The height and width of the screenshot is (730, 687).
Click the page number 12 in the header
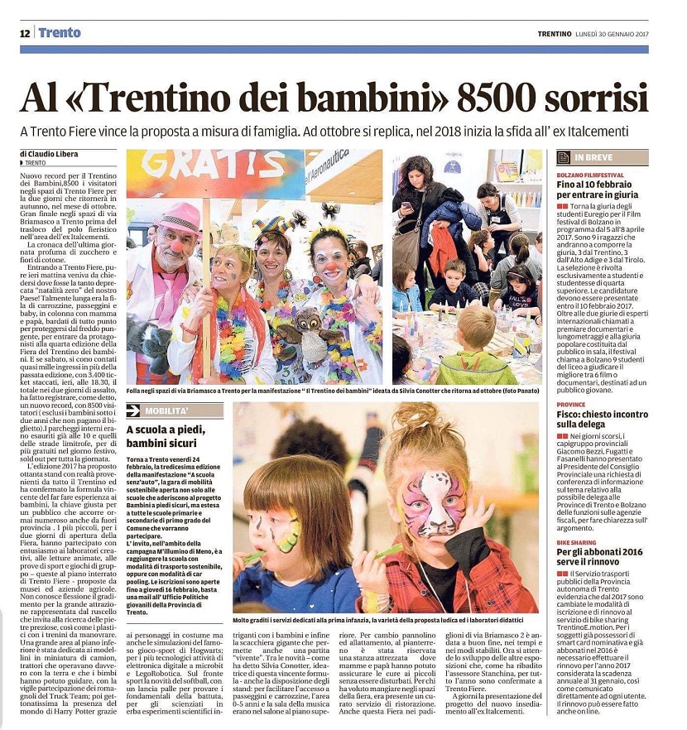25,33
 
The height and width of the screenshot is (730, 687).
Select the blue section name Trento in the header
60,33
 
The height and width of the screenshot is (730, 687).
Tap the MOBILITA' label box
175,410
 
